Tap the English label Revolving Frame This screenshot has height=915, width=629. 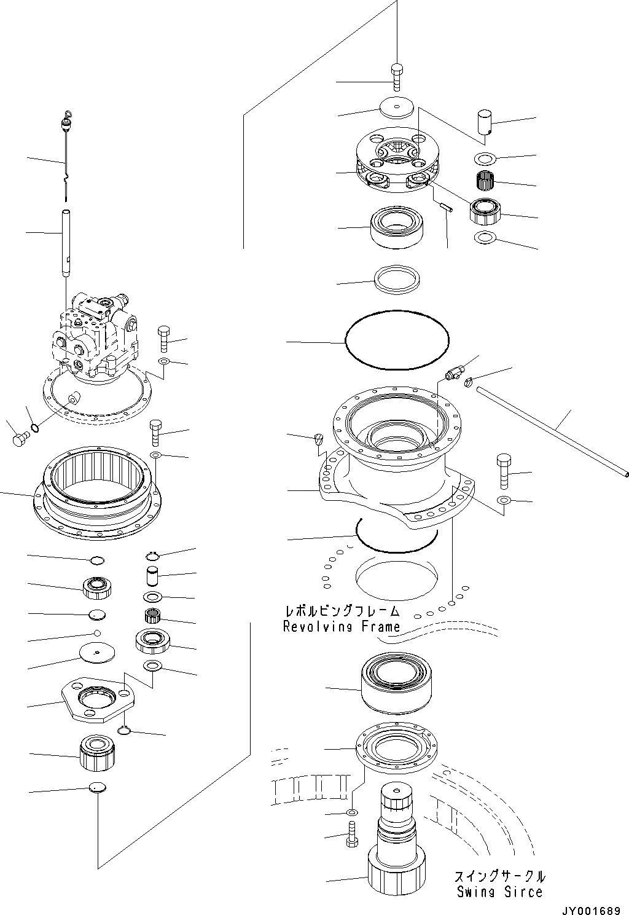click(341, 627)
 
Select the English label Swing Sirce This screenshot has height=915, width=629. click(499, 892)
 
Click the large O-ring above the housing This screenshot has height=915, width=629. click(397, 339)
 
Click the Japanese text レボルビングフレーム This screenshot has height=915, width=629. click(342, 611)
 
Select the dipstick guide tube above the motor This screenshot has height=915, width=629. click(66, 243)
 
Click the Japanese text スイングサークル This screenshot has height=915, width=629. click(499, 876)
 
